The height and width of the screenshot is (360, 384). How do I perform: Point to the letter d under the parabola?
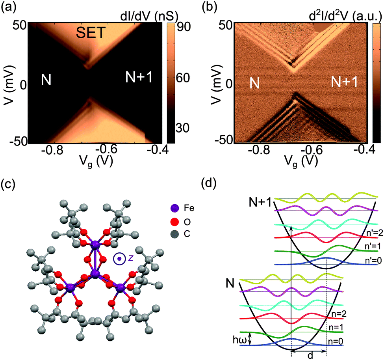[310, 356]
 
